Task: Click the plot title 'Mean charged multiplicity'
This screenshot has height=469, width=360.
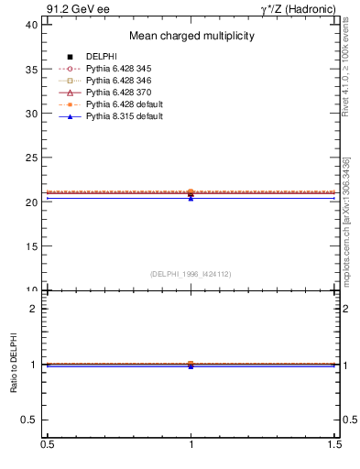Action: point(191,37)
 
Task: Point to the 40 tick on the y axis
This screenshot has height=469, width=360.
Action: point(31,25)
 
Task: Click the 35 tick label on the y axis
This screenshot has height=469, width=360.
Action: point(31,70)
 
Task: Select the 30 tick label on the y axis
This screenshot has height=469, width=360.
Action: point(31,114)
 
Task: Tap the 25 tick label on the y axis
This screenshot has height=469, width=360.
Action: point(31,158)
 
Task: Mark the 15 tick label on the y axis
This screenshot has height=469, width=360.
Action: point(31,246)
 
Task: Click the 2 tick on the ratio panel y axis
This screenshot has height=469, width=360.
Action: point(35,309)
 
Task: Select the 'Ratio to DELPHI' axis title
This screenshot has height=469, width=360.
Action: point(14,365)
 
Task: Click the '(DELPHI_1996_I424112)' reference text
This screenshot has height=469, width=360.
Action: point(191,274)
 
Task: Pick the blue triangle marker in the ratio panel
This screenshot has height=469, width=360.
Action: point(191,366)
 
